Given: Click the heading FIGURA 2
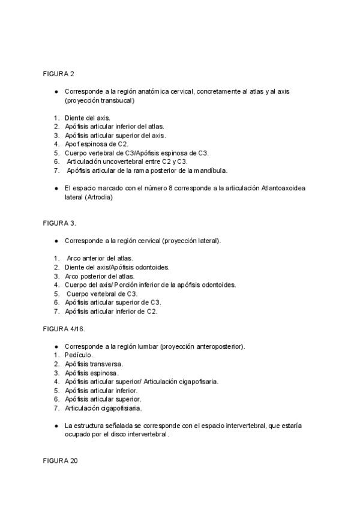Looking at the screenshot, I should tap(58, 74).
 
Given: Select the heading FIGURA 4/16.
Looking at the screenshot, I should tap(63, 330).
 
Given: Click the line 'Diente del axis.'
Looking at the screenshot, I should tap(88, 118).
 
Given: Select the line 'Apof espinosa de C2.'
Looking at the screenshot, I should tap(97, 144).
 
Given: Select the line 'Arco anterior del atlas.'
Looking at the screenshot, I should tap(100, 258).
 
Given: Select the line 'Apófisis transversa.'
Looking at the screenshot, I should tap(94, 364).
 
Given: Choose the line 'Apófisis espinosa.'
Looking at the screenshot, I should tap(92, 373).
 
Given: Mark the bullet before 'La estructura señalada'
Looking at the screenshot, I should tap(56, 426).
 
